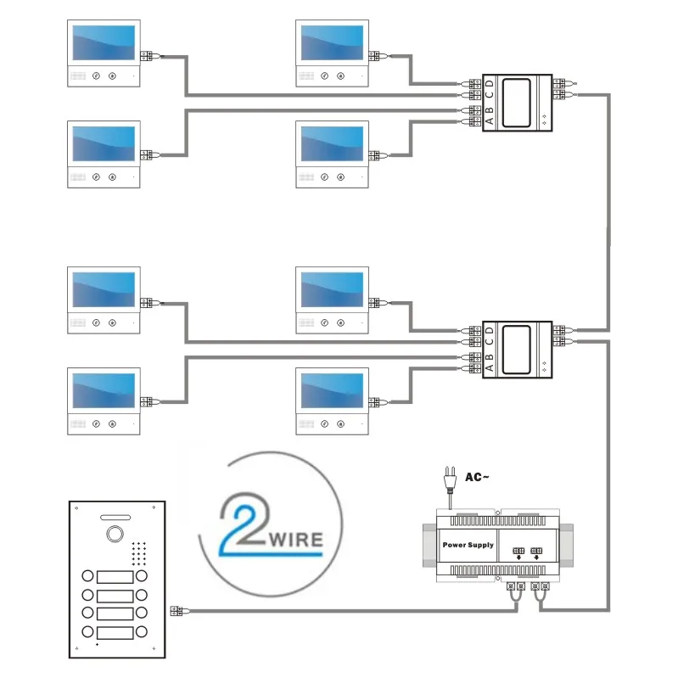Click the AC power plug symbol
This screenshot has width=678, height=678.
451,481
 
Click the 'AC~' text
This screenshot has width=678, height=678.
478,478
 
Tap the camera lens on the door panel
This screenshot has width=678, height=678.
112,535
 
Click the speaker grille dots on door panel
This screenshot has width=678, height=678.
139,552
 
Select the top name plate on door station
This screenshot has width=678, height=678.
115,577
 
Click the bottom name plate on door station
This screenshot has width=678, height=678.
115,632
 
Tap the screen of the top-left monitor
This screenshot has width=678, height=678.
104,43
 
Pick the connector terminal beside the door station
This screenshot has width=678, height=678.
176,610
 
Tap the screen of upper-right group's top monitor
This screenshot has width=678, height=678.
332,43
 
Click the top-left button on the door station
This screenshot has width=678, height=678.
87,577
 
